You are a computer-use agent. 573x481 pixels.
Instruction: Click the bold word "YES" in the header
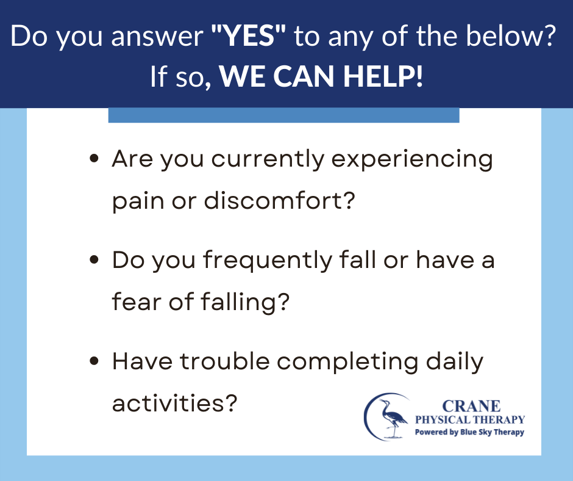(x=249, y=36)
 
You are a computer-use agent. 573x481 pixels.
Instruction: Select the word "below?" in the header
(x=511, y=36)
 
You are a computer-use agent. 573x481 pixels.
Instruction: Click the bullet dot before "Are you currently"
(x=94, y=158)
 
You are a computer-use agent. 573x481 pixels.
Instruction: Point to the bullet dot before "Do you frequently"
(x=94, y=259)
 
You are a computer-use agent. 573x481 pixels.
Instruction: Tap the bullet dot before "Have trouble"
(x=94, y=361)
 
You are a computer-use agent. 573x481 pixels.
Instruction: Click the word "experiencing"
(x=412, y=161)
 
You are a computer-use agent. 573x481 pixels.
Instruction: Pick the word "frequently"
(x=268, y=261)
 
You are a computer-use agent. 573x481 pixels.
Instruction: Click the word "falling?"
(x=245, y=302)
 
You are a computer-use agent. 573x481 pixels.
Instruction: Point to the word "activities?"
(x=175, y=403)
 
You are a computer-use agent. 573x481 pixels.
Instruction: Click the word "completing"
(x=347, y=363)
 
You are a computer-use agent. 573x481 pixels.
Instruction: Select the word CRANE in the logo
(x=471, y=406)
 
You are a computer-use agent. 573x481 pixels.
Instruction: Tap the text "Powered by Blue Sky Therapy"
(x=469, y=432)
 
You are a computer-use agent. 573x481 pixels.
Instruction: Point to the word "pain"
(x=138, y=201)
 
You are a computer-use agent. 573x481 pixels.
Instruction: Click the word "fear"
(x=137, y=302)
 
